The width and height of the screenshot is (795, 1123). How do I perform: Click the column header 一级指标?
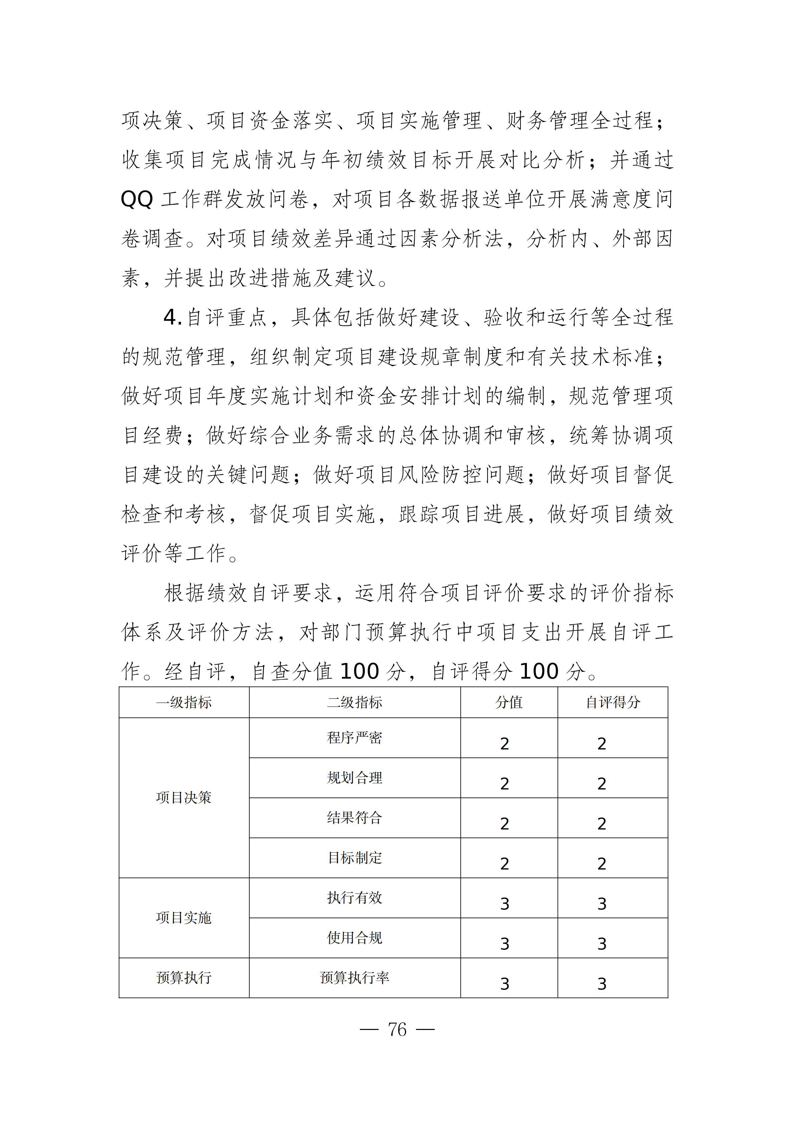[184, 702]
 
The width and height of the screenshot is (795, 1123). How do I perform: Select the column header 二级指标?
[354, 702]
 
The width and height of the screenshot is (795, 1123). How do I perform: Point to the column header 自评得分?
[613, 702]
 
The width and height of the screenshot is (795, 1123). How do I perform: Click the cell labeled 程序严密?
[354, 737]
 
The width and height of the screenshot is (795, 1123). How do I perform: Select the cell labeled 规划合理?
[354, 778]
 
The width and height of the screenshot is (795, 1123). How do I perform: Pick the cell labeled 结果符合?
[354, 818]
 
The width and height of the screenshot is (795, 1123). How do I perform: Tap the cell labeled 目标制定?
[354, 858]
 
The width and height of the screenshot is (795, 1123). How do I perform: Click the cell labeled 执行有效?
[354, 898]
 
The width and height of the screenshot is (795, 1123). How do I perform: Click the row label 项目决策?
[184, 798]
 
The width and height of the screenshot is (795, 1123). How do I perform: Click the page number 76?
[397, 1030]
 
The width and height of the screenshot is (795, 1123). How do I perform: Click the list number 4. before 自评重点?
[172, 318]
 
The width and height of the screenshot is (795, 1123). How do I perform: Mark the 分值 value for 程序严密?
[505, 744]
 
